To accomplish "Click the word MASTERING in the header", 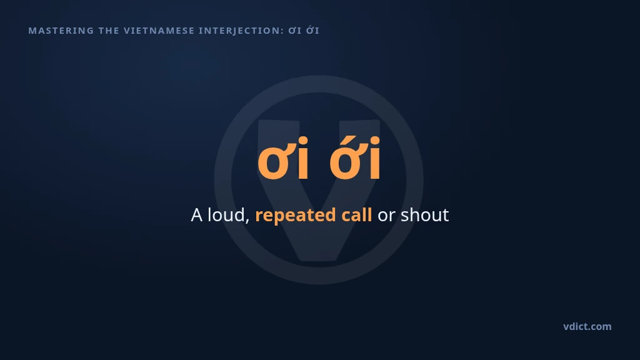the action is pos(61,31).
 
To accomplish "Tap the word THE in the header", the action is pos(109,31).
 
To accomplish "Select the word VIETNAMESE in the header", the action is pos(159,31).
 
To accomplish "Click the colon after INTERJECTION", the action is pos(282,32).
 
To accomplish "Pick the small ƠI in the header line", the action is pos(295,31).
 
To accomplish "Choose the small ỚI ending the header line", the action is pos(312,30).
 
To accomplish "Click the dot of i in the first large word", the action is pos(303,141).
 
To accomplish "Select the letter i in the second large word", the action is pos(376,158).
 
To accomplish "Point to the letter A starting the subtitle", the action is pos(197,215).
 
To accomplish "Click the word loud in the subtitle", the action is pos(226,214).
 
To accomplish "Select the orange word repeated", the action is pos(296,216).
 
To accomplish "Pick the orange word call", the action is pos(356,215).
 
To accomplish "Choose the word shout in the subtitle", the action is pos(424,215).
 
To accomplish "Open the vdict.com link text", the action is pos(587,326).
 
